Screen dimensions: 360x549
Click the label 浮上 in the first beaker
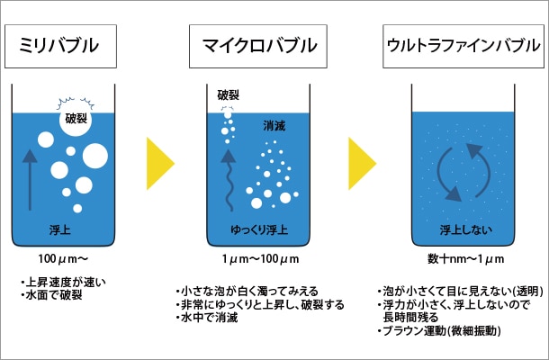[60, 229]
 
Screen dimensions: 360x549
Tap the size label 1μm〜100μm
[259, 260]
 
